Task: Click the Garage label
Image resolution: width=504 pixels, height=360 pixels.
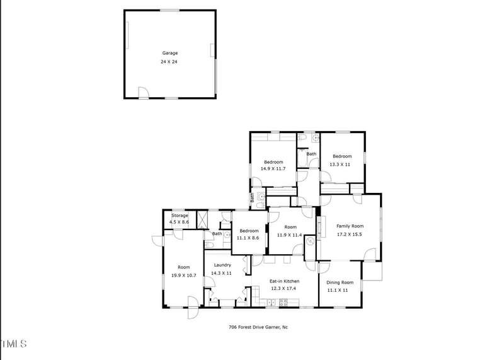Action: click(169, 54)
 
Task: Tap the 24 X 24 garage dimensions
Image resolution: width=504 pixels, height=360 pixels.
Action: click(169, 62)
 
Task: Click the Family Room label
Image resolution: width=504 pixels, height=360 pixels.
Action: click(350, 226)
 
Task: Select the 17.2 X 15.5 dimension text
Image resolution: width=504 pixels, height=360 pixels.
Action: click(350, 235)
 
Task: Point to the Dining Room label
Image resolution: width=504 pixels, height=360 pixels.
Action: click(340, 282)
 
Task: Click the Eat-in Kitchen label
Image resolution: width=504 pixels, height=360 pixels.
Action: click(285, 281)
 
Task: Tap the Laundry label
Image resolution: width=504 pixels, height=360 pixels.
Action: click(222, 265)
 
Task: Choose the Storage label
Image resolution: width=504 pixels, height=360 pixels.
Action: click(180, 216)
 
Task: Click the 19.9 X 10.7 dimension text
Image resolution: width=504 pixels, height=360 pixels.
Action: click(184, 276)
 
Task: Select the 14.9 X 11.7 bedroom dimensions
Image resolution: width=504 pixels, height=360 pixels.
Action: click(273, 168)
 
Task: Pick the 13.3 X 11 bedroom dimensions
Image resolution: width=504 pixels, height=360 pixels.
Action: click(340, 165)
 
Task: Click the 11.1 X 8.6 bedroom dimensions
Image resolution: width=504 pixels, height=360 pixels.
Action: click(248, 238)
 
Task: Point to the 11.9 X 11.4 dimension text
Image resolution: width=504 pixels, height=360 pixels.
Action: click(290, 235)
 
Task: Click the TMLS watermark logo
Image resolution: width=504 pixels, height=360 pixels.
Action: click(14, 344)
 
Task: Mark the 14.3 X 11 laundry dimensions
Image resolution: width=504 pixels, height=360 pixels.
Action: click(222, 273)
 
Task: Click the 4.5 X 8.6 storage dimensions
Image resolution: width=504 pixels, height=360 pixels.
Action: click(180, 222)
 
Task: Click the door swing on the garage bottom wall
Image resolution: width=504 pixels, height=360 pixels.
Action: click(144, 93)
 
